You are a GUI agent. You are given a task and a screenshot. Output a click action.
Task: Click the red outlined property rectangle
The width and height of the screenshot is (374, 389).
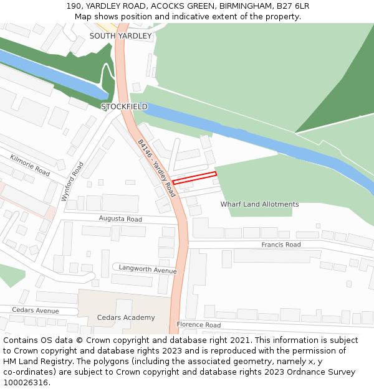pyautogui.click(x=194, y=177)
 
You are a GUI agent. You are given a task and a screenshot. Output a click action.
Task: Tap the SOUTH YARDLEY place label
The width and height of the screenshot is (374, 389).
pyautogui.click(x=120, y=36)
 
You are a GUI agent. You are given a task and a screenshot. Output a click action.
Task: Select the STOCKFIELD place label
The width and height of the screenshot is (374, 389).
pyautogui.click(x=125, y=106)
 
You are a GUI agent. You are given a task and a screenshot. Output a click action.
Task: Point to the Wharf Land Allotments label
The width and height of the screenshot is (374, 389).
pyautogui.click(x=259, y=204)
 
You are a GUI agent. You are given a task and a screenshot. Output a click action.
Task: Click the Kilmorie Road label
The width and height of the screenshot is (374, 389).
pyautogui.click(x=30, y=166)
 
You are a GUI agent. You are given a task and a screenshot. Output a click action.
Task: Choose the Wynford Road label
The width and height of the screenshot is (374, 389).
pyautogui.click(x=72, y=181)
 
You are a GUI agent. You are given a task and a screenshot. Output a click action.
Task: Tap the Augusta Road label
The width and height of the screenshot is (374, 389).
pyautogui.click(x=120, y=219)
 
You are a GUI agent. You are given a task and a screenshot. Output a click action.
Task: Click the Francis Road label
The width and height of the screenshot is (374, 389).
pyautogui.click(x=280, y=245)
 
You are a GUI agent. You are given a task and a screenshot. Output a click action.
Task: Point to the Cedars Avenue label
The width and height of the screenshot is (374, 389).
pyautogui.click(x=35, y=311)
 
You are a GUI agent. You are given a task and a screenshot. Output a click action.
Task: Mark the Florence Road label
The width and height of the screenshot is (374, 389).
pyautogui.click(x=198, y=325)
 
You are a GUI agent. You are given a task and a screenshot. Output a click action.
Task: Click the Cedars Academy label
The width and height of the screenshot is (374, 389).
pyautogui.click(x=126, y=317)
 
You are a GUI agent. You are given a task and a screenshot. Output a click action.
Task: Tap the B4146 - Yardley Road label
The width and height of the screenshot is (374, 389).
pyautogui.click(x=156, y=168)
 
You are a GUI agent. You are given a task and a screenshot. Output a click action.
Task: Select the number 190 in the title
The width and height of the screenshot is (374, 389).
pyautogui.click(x=74, y=6)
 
